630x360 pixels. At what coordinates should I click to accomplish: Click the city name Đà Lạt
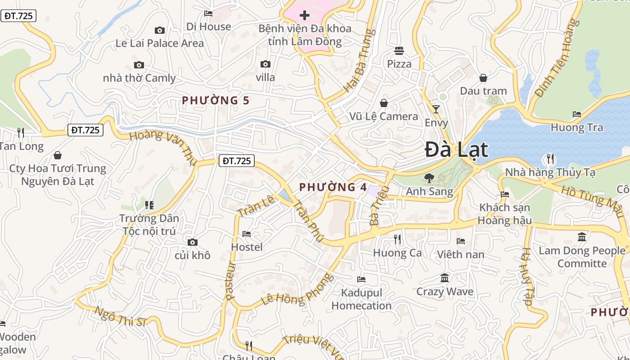click(456, 149)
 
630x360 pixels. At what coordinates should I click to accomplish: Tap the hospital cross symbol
click(305, 16)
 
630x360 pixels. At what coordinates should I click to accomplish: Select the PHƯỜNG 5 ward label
click(215, 100)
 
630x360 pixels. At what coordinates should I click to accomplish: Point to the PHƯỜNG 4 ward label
click(333, 187)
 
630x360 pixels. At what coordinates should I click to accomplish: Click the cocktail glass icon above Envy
click(436, 109)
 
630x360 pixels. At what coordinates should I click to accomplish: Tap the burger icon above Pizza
click(399, 50)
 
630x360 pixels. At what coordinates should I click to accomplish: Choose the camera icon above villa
click(265, 64)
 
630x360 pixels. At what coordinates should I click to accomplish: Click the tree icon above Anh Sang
click(429, 178)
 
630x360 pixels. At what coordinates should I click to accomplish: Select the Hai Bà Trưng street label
click(359, 61)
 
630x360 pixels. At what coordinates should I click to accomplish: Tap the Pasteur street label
click(230, 281)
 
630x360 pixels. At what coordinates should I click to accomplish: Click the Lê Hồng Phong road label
click(297, 289)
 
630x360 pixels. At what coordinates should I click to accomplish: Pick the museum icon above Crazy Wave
click(445, 278)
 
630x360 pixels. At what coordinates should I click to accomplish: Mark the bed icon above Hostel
click(247, 234)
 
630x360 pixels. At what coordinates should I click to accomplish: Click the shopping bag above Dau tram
click(483, 78)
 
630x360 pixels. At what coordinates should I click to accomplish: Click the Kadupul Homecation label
click(361, 299)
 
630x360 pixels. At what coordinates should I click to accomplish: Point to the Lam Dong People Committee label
click(582, 257)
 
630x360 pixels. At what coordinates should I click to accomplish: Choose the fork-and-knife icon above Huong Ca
click(397, 239)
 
